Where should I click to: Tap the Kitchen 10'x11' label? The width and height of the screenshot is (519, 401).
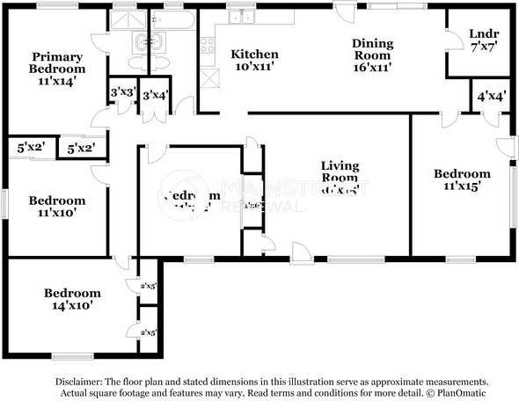click(254, 61)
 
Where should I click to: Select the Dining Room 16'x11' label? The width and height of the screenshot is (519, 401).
click(372, 54)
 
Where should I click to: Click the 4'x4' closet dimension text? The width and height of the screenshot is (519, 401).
click(491, 98)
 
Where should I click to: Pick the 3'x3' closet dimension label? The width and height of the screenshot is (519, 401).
click(121, 91)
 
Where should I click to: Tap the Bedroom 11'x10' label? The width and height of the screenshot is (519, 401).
click(56, 207)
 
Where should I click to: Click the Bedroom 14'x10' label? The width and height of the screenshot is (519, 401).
click(72, 299)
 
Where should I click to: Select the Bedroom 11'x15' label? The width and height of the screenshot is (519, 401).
click(462, 180)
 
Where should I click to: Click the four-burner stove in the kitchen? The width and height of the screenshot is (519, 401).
click(208, 43)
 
